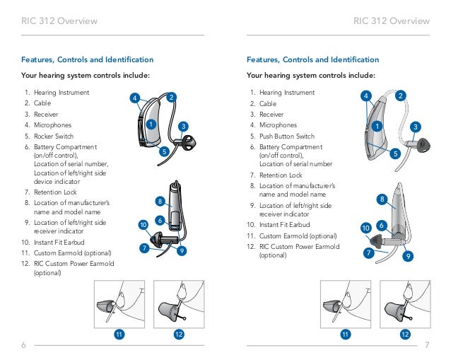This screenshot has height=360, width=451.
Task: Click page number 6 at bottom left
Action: (x=23, y=344)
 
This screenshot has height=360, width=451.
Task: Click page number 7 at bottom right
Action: (x=428, y=344)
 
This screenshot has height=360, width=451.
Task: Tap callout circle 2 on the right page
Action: (x=401, y=95)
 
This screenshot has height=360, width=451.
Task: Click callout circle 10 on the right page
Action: (x=365, y=228)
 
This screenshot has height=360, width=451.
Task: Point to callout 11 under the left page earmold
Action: (x=119, y=333)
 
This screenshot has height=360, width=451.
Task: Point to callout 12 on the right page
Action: (x=405, y=333)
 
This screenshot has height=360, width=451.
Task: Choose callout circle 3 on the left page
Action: (x=183, y=127)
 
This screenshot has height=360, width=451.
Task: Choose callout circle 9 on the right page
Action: (x=408, y=256)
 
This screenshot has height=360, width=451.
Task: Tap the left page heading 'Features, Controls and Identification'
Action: (x=88, y=60)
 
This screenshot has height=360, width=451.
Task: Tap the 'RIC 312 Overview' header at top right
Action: (x=391, y=21)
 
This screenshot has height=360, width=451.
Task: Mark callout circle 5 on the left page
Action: (x=163, y=151)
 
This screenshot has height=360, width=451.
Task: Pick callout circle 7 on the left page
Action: (x=143, y=248)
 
